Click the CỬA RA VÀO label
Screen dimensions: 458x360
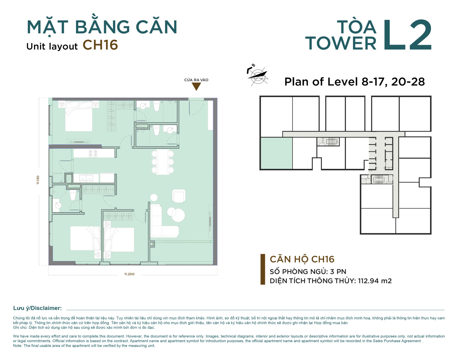[x=196, y=80]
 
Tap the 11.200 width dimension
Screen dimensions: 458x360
[x=129, y=274]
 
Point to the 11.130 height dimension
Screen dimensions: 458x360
[x=38, y=180]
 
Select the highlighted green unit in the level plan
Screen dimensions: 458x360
[x=277, y=153]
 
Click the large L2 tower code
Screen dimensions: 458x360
[x=408, y=35]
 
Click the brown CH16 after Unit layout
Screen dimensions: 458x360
[x=100, y=45]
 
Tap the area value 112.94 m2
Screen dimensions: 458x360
[x=375, y=281]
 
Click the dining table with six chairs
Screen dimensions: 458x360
[x=162, y=162]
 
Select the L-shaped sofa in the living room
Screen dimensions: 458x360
[x=164, y=221]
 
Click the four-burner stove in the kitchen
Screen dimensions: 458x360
[x=93, y=153]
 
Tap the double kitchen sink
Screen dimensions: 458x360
[x=86, y=178]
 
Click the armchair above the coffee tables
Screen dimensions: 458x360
[x=179, y=196]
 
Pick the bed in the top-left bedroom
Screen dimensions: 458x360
[x=78, y=116]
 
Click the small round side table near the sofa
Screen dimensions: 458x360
[x=154, y=198]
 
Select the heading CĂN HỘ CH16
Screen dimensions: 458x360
[x=302, y=259]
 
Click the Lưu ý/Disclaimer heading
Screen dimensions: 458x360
[x=38, y=308]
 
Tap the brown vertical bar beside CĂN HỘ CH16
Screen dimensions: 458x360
[x=263, y=269]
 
